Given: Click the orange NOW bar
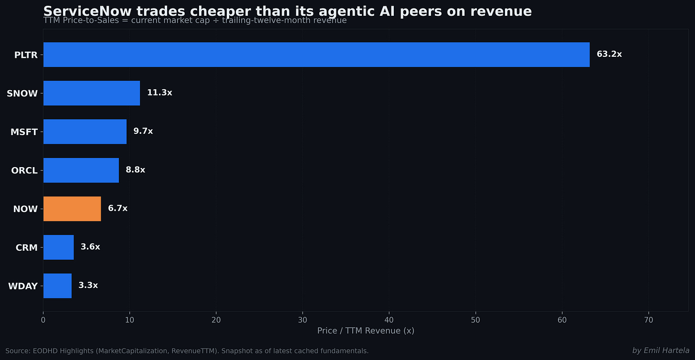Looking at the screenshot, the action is (x=72, y=209).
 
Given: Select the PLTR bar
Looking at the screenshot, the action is (x=316, y=54).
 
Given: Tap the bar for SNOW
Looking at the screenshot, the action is (x=92, y=93).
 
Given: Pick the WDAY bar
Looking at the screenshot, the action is (x=57, y=286).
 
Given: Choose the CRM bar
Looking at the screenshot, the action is (x=59, y=247).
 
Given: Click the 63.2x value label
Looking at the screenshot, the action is (x=609, y=54).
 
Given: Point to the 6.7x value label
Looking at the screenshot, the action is (x=117, y=208).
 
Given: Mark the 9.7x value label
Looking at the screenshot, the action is (x=143, y=131).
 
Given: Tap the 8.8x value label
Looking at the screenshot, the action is (x=135, y=170).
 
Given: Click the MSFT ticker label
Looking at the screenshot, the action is (x=24, y=132).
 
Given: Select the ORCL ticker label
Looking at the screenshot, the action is (x=24, y=171).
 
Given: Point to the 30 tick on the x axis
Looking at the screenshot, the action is (x=303, y=320).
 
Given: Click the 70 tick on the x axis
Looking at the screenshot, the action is (x=648, y=320).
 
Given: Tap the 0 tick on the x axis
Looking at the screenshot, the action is (x=43, y=320).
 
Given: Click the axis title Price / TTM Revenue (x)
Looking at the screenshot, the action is (x=366, y=331).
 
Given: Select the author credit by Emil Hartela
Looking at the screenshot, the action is (x=661, y=350).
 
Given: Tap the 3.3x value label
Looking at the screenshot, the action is (x=88, y=285).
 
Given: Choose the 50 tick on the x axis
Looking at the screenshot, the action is (x=475, y=320).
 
